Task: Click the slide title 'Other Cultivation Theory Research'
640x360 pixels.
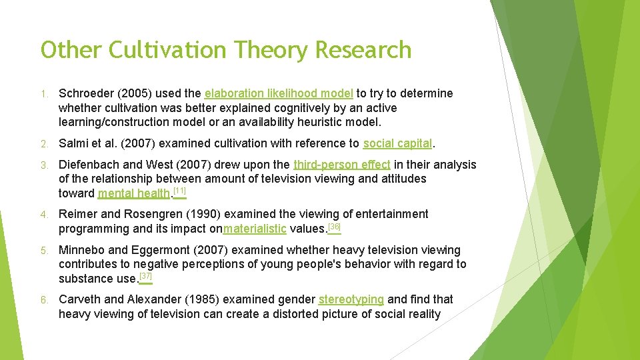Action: pyautogui.click(x=226, y=50)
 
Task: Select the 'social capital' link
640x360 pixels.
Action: pyautogui.click(x=398, y=143)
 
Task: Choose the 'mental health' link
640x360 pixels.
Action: pyautogui.click(x=133, y=194)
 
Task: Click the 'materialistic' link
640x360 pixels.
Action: pyautogui.click(x=255, y=229)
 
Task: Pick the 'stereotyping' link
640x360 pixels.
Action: pyautogui.click(x=351, y=299)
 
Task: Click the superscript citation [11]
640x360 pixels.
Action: pyautogui.click(x=179, y=192)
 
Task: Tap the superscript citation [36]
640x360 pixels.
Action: pyautogui.click(x=335, y=227)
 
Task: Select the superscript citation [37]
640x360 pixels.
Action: pyautogui.click(x=145, y=276)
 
